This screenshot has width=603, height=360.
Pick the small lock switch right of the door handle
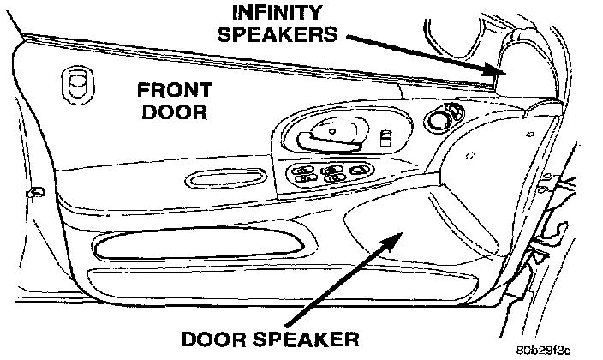click(x=387, y=138)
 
